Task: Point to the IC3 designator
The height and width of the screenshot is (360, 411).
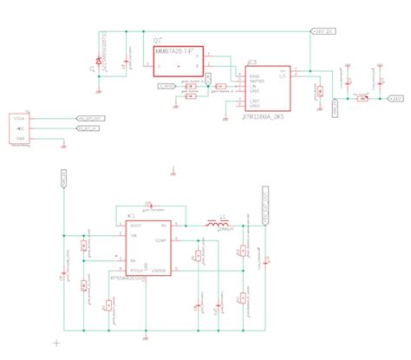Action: [x=251, y=62]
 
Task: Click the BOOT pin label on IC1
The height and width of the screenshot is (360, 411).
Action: [x=135, y=225]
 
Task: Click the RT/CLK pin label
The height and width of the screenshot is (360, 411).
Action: [x=136, y=272]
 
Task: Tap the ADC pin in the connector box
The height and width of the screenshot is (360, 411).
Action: [x=19, y=128]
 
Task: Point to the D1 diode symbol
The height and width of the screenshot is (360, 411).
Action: [x=100, y=62]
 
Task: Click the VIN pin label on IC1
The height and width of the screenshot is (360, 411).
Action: [x=134, y=234]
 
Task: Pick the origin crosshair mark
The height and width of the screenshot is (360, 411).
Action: [x=55, y=344]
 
